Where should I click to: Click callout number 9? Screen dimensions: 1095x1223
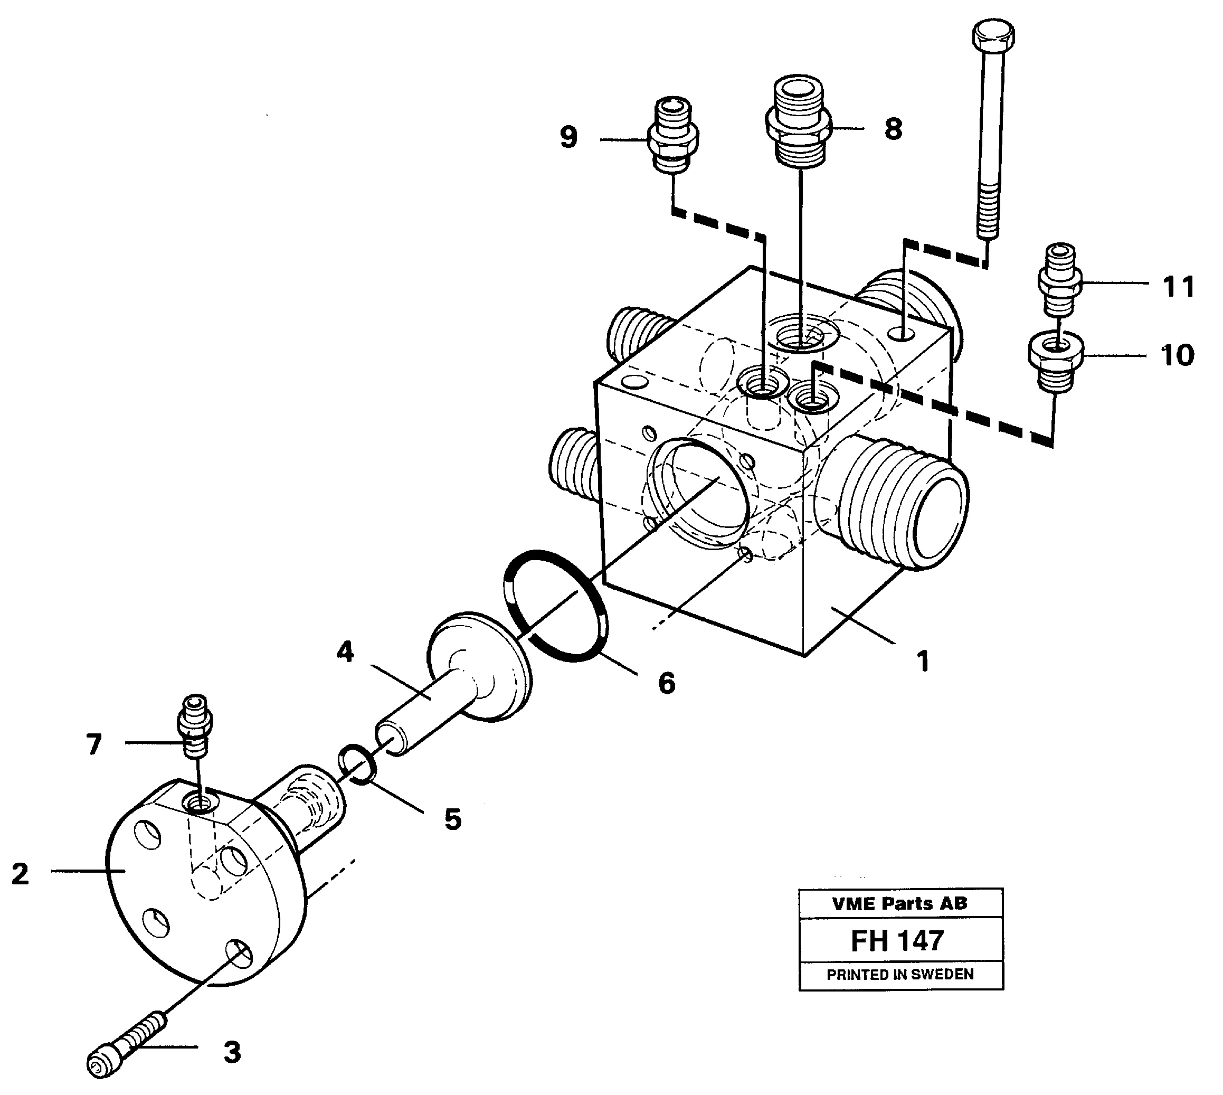point(568,138)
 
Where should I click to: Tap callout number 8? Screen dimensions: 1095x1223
point(893,129)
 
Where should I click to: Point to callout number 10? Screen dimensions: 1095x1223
point(1177,355)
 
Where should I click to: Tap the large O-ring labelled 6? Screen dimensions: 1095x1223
point(555,605)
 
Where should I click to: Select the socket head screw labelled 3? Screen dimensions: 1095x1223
point(128,1040)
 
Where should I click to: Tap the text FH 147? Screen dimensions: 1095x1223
point(897,941)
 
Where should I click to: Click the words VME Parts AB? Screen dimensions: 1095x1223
point(899,904)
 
